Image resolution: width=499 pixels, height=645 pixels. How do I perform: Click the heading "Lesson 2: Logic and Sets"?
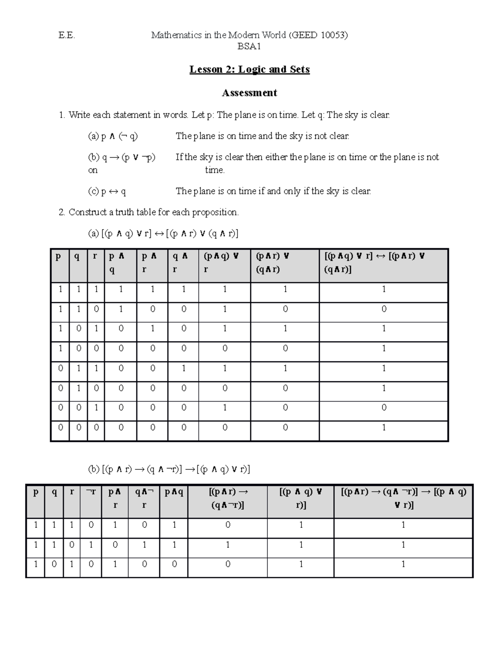(249, 69)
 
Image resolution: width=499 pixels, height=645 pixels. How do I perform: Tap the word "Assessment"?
(249, 93)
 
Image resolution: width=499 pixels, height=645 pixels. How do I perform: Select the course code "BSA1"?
(249, 47)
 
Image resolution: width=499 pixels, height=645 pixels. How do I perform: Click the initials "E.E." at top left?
(67, 35)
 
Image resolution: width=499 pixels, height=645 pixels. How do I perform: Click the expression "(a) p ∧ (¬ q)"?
(113, 136)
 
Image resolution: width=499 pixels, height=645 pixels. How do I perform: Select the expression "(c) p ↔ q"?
(107, 191)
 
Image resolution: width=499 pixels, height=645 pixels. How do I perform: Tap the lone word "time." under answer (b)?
(215, 170)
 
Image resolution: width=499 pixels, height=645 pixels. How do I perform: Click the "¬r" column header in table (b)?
(91, 492)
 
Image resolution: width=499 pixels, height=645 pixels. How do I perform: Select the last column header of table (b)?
(403, 498)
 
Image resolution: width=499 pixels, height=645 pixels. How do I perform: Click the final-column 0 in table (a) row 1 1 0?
(384, 309)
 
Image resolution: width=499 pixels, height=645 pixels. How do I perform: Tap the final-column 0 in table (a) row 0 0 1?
(384, 407)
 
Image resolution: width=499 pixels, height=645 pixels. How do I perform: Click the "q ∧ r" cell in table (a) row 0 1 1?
(183, 368)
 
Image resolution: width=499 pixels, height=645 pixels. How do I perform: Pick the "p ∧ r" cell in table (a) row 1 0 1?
(153, 329)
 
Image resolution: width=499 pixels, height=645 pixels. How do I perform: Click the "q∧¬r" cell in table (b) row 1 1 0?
(144, 544)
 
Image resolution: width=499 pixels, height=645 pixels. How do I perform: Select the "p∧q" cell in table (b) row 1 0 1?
(174, 564)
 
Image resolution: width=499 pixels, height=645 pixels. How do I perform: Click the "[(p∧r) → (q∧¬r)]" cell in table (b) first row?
(227, 525)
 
